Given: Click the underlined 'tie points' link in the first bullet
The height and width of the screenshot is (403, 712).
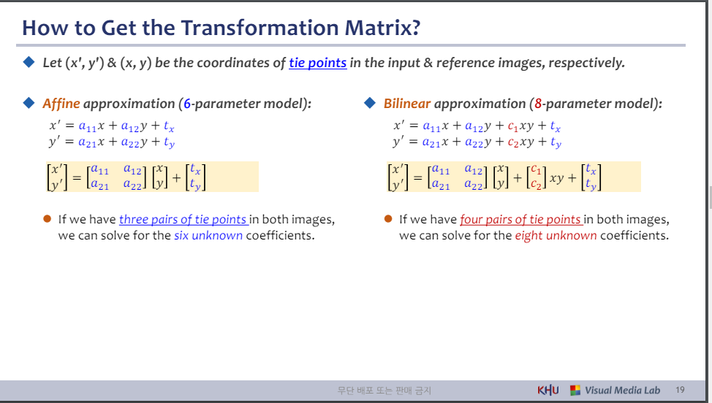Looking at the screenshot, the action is (x=318, y=63).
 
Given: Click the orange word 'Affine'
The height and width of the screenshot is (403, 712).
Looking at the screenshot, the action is (x=61, y=104).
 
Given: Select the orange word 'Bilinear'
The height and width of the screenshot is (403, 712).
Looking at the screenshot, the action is (x=407, y=104).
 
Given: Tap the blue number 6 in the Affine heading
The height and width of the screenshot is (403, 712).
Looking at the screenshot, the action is (x=187, y=104).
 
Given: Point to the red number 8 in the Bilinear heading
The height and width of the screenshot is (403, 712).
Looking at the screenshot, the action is (x=538, y=104).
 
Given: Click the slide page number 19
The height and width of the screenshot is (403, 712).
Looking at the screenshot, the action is (x=680, y=390).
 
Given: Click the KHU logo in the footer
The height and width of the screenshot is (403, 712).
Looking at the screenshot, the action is (x=548, y=391).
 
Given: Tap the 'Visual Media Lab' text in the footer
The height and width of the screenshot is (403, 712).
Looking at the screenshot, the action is (x=622, y=391).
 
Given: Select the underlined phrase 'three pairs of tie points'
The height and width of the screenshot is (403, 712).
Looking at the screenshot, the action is (x=183, y=220).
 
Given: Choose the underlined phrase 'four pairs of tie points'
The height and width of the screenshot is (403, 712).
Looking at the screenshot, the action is (x=520, y=220).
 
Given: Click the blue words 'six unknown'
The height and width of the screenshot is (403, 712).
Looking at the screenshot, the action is (x=208, y=236).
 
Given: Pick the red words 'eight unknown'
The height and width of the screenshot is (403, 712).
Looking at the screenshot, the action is (x=556, y=236).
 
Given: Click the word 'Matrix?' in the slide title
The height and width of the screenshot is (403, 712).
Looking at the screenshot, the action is (x=382, y=28).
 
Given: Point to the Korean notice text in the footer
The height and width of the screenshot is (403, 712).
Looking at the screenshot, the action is (x=385, y=391).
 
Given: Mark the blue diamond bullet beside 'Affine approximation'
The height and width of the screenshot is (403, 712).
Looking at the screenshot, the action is (x=29, y=103).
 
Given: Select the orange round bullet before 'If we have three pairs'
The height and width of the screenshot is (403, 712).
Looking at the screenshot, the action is (x=48, y=219).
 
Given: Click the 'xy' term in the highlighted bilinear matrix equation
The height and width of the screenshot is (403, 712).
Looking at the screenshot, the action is (x=557, y=177).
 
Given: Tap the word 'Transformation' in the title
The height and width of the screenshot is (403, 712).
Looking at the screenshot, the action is (x=260, y=28).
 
